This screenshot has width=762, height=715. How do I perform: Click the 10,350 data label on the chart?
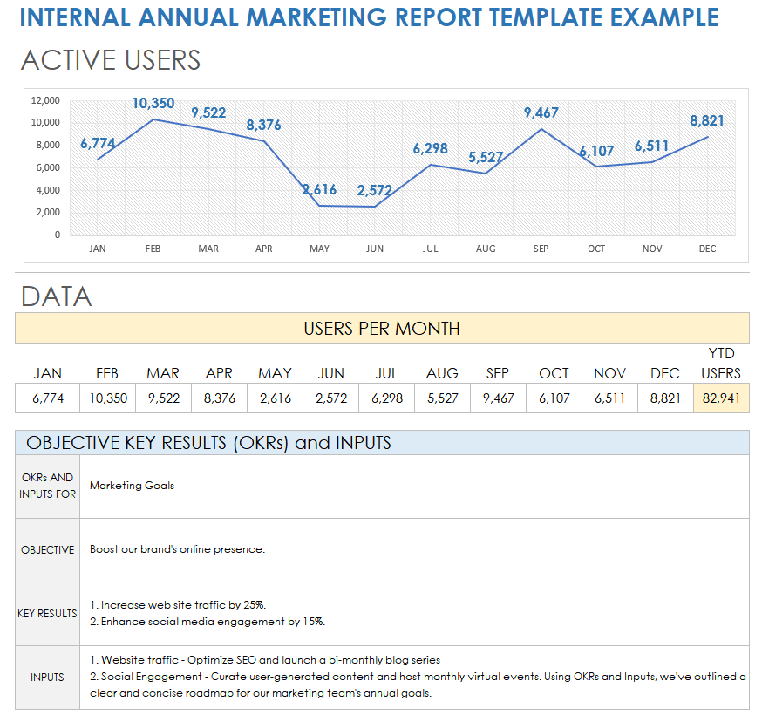pos(153,104)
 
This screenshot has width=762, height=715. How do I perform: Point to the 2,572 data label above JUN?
pos(374,190)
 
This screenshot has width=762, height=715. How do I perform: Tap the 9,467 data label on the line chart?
pos(541,113)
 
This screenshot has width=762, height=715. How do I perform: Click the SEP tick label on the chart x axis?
pos(541,249)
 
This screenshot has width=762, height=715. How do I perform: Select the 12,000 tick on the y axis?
pos(45,100)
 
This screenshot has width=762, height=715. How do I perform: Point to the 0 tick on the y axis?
pos(58,235)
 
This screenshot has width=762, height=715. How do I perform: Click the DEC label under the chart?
pos(707,249)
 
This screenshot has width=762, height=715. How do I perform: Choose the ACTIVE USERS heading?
pos(111,60)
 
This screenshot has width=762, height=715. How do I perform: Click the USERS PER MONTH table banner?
pos(382,329)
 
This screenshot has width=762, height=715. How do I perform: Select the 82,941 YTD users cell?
pos(721,398)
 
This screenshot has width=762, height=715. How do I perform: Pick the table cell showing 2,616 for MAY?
pos(275,398)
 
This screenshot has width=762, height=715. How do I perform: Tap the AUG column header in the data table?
pos(442,373)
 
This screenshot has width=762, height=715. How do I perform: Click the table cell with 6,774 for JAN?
pos(48,398)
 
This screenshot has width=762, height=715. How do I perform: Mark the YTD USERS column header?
pos(721,364)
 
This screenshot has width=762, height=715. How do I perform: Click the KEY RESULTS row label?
pos(47,614)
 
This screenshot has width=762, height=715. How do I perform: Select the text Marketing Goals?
pos(132,486)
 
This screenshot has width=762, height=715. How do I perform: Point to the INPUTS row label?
pos(47,678)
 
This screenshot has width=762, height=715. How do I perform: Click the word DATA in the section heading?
pos(57,296)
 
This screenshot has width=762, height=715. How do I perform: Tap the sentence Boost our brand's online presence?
pos(177,550)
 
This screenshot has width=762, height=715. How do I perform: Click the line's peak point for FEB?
pos(153,119)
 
